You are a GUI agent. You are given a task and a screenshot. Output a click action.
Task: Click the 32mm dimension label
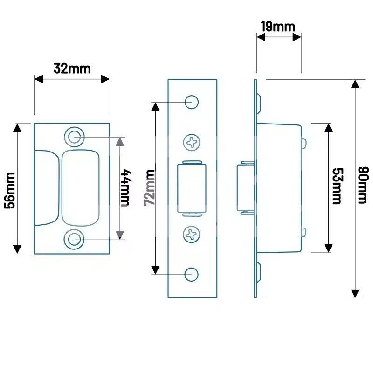pyautogui.click(x=72, y=69)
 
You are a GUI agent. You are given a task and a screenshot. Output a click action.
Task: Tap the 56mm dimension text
pyautogui.click(x=10, y=191)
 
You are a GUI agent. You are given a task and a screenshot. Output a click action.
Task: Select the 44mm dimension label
pyautogui.click(x=125, y=188)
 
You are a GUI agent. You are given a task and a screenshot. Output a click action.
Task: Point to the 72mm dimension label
pyautogui.click(x=150, y=188)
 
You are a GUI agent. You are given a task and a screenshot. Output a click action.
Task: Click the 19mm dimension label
pyautogui.click(x=278, y=27)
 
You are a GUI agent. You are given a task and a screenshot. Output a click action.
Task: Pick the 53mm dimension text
pyautogui.click(x=338, y=186)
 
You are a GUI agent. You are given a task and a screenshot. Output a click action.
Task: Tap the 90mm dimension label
pyautogui.click(x=363, y=185)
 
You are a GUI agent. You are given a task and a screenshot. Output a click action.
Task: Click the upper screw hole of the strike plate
pyautogui.click(x=74, y=137)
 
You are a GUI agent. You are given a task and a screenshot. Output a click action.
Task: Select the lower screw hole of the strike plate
pyautogui.click(x=74, y=239)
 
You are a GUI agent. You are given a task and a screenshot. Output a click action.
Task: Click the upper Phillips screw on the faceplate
pyautogui.click(x=192, y=143)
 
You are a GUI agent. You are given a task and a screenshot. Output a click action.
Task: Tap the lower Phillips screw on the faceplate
pyautogui.click(x=192, y=235)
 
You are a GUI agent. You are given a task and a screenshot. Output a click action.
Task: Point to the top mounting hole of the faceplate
pyautogui.click(x=192, y=102)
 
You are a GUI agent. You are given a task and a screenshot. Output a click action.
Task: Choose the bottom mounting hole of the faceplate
pyautogui.click(x=191, y=275)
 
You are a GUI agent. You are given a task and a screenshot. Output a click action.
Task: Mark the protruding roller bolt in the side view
pyautogui.click(x=246, y=188)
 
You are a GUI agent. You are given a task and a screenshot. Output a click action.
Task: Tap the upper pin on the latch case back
pyautogui.click(x=304, y=144)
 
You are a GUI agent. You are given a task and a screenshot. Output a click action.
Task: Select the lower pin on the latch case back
pyautogui.click(x=304, y=232)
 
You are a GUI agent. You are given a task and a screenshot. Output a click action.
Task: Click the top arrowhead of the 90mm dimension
pyautogui.click(x=355, y=84)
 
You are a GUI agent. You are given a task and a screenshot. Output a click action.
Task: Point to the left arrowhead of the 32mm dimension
pyautogui.click(x=39, y=79)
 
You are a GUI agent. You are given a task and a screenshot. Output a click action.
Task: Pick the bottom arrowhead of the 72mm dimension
pyautogui.click(x=155, y=270)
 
